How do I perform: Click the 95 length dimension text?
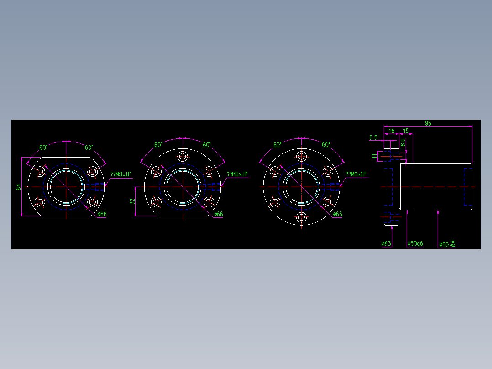point(428,123)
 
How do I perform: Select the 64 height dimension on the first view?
point(19,187)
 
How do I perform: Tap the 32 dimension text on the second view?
point(132,201)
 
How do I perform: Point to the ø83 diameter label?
point(387,244)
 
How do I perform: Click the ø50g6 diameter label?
point(415,244)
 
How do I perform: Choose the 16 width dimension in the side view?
point(391,131)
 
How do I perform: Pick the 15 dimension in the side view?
point(406,131)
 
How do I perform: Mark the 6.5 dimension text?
point(373,137)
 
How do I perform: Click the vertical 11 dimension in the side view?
point(375,156)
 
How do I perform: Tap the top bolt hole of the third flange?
point(301,156)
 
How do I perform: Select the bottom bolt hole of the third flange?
point(301,217)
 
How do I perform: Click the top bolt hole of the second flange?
point(183,156)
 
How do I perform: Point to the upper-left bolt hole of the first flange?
point(40,172)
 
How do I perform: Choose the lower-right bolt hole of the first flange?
point(93,202)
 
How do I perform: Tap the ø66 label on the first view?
point(102,214)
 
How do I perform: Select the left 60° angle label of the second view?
point(158,145)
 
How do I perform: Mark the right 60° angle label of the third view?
point(325,145)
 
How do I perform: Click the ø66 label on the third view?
point(337,214)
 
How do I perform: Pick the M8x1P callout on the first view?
point(121,174)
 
